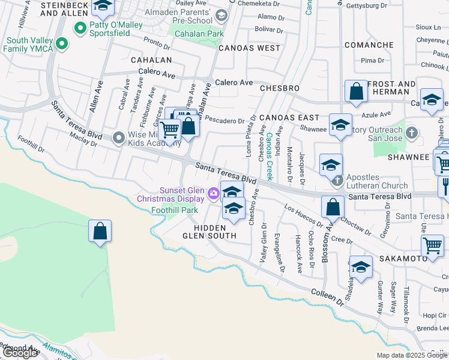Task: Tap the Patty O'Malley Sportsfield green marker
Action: tap(79, 28)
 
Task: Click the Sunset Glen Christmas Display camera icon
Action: tap(212, 193)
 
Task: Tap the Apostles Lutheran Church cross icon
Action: tap(337, 179)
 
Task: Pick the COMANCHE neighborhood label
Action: tap(369, 45)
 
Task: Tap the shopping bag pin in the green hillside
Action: tap(100, 231)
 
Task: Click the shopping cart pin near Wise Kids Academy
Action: tap(170, 130)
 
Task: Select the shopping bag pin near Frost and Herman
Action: tap(356, 92)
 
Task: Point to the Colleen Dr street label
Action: tap(327, 298)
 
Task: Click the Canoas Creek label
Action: tap(270, 156)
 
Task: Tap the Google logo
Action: tap(20, 353)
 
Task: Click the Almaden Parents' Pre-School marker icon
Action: tap(221, 16)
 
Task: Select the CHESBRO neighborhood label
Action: tap(280, 88)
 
